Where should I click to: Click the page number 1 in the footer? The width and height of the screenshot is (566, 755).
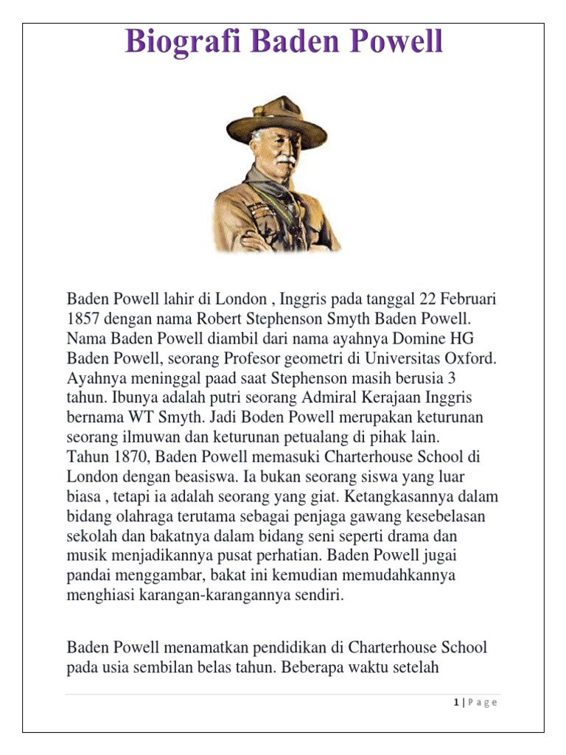(x=456, y=703)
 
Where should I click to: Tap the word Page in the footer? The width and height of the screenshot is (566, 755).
(x=483, y=703)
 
